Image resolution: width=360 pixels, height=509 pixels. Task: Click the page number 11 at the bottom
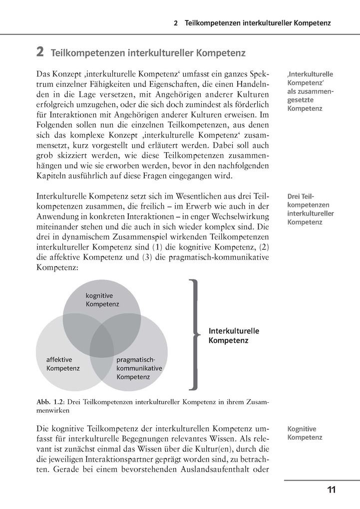point(331,490)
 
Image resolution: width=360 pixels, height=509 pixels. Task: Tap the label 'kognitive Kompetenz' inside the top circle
point(102,299)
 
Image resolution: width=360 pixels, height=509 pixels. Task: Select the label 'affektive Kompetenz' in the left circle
point(63,364)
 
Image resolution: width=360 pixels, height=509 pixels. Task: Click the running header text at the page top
point(252,23)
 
